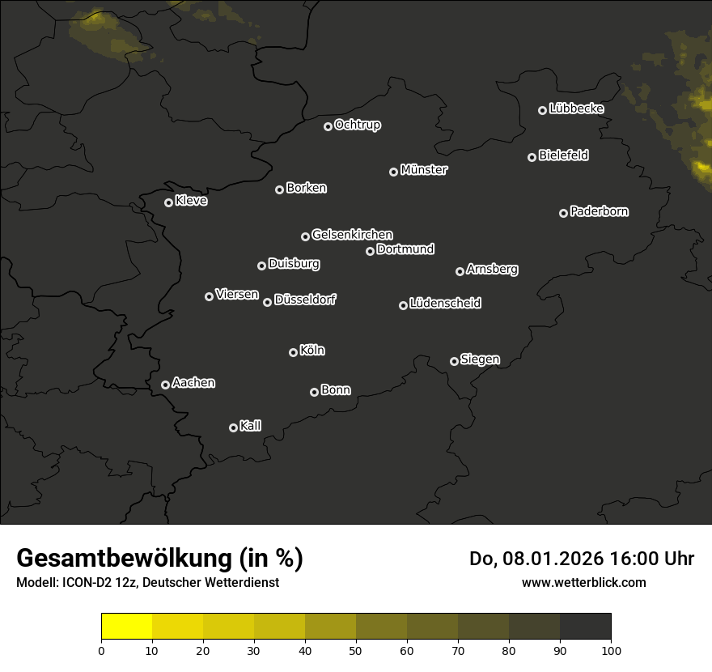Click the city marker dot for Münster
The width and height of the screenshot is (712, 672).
[394, 172]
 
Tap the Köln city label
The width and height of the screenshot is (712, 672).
[312, 351]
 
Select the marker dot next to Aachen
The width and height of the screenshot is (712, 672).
[166, 385]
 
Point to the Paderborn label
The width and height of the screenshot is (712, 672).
[600, 211]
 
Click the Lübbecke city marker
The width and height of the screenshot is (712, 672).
[543, 110]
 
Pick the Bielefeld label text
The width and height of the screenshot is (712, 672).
[563, 155]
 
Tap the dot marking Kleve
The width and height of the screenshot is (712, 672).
[169, 202]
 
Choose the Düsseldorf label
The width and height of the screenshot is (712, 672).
[305, 300]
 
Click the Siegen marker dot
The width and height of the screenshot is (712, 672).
[454, 361]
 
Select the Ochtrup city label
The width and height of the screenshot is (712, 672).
[358, 125]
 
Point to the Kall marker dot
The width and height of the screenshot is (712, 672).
[234, 427]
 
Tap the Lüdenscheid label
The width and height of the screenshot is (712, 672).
[445, 304]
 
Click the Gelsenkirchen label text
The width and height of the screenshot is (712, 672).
[352, 235]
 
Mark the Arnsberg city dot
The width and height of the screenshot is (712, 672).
[460, 271]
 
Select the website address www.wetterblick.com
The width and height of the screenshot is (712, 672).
[584, 582]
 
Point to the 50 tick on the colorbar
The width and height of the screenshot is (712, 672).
[356, 650]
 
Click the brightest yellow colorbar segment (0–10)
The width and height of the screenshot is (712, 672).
[127, 627]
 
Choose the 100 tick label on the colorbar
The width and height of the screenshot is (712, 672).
[611, 650]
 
